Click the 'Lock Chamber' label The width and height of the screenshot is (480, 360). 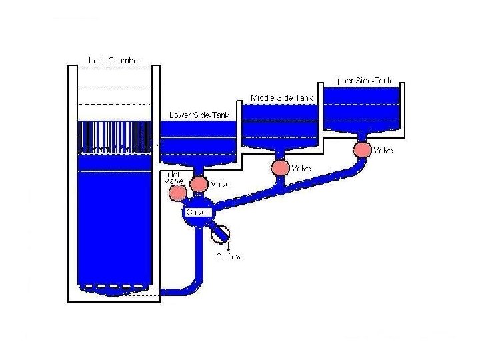(115, 61)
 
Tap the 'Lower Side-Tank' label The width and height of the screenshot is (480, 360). (199, 115)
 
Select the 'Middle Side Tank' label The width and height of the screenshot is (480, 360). (281, 98)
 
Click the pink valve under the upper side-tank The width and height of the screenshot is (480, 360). (361, 149)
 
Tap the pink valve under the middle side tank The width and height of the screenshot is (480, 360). (281, 167)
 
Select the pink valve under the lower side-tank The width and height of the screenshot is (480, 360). (198, 183)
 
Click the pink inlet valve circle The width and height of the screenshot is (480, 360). (177, 193)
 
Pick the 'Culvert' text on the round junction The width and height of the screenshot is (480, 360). (198, 212)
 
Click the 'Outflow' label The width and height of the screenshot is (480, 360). (228, 256)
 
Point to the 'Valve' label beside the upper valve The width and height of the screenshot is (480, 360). (383, 151)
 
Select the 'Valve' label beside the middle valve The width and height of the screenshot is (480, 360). (301, 168)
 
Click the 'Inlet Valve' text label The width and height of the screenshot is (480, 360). (173, 178)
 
